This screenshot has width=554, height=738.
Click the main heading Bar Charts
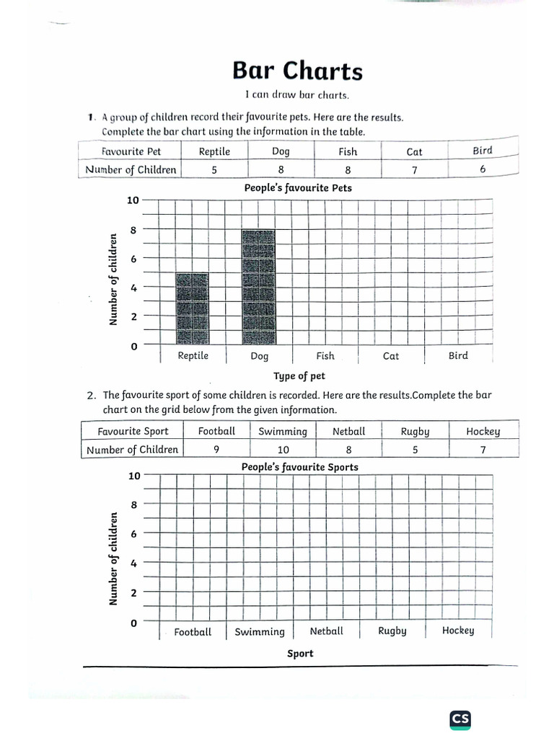[297, 71]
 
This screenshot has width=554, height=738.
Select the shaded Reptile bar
[193, 308]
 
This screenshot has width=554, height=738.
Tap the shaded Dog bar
[259, 287]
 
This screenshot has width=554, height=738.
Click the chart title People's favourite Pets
[298, 188]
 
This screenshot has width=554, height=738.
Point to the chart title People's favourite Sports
[299, 467]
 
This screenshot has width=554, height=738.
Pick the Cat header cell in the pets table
[414, 151]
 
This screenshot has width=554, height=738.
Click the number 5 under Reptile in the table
[214, 170]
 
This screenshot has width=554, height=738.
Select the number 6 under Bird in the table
[483, 169]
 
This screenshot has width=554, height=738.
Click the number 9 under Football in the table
[216, 449]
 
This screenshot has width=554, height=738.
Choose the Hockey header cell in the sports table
[483, 431]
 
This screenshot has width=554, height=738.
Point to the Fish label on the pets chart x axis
[325, 355]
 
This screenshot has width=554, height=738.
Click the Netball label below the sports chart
[326, 631]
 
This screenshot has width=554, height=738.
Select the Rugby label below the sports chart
[392, 631]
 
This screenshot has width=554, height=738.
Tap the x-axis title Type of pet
[299, 376]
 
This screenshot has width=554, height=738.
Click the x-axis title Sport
[300, 653]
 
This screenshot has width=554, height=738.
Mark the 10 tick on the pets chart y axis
[133, 200]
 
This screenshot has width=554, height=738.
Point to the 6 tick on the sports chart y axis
[133, 534]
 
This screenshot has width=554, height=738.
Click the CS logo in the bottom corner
[460, 719]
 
